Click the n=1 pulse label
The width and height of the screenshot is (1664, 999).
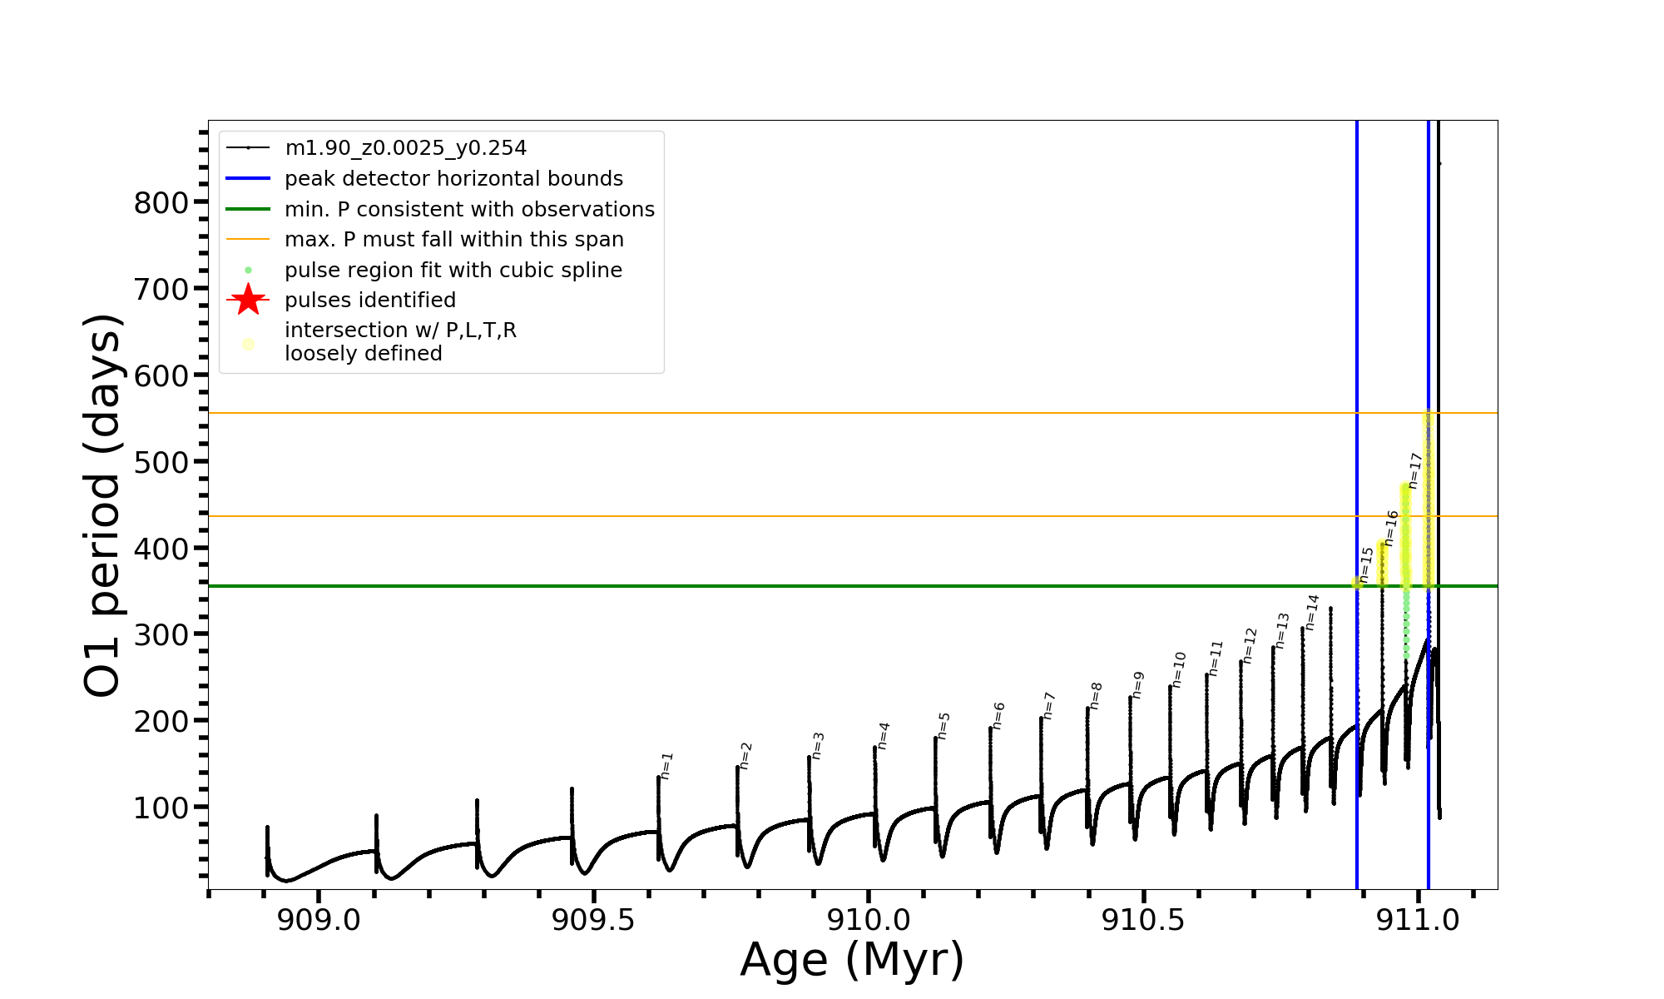[x=667, y=766]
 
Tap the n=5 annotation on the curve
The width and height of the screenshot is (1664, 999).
[x=943, y=726]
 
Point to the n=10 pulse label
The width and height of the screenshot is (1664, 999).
[x=1179, y=669]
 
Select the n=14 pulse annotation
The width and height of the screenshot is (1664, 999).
[x=1312, y=612]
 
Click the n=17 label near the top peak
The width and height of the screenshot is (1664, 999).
[x=1415, y=470]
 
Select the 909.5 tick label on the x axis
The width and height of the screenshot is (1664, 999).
[x=593, y=920]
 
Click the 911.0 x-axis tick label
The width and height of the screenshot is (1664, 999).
[x=1418, y=920]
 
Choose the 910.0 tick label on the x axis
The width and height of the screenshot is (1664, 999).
[x=868, y=920]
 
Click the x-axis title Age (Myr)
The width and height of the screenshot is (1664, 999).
[x=852, y=960]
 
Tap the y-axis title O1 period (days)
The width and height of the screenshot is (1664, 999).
[x=103, y=504]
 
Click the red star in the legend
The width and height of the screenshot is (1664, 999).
[x=248, y=300]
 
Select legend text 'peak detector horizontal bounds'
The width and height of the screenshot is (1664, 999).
[x=453, y=179]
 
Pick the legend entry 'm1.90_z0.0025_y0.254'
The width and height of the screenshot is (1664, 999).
[x=405, y=148]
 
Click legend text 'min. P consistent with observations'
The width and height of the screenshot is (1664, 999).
[x=469, y=209]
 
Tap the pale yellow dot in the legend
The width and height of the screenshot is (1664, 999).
[x=248, y=344]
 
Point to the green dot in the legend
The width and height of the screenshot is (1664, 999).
[x=248, y=271]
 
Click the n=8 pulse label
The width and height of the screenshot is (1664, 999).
[x=1097, y=696]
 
